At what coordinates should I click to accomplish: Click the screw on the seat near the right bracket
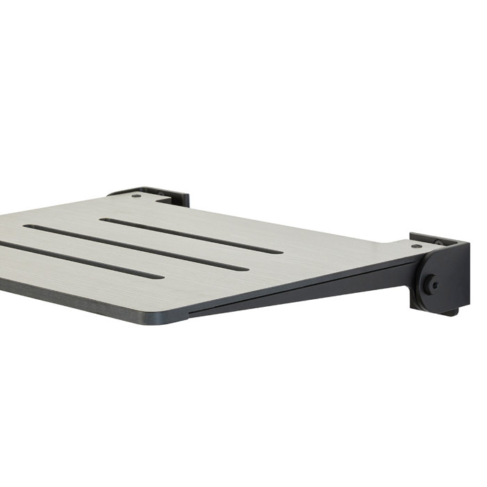[x=415, y=246]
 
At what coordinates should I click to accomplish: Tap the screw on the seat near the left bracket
[x=137, y=195]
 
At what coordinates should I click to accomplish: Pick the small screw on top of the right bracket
[x=438, y=242]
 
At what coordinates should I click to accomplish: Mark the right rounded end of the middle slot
[x=243, y=269]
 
